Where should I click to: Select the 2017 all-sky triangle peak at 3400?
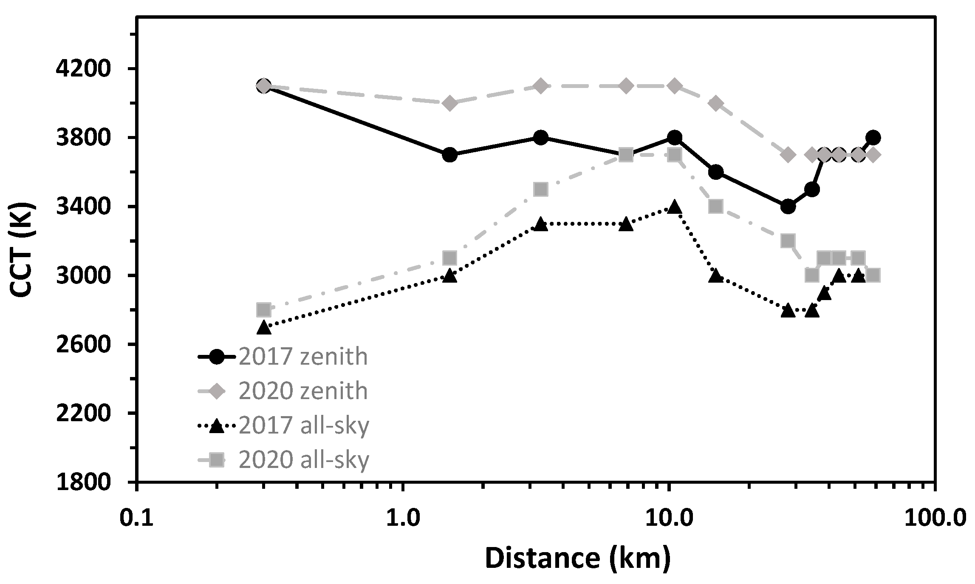tap(674, 207)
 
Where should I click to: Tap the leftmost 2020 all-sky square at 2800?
tap(264, 309)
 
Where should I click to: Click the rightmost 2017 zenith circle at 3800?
tap(873, 137)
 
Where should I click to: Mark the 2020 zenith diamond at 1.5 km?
tap(450, 103)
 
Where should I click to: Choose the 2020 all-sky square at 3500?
tap(540, 189)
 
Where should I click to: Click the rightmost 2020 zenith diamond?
tap(873, 155)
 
